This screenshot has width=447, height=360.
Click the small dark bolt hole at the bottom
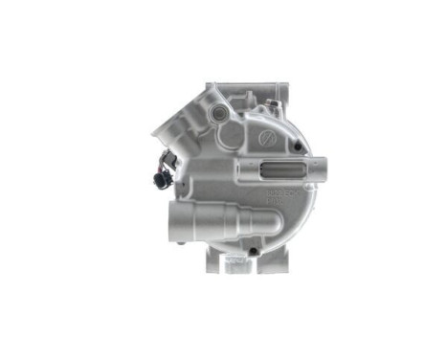click(x=251, y=251)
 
